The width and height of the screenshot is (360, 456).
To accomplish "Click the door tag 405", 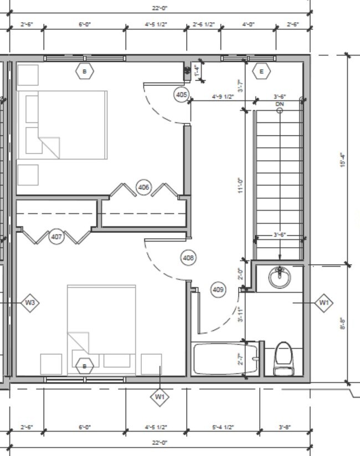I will click(181, 95).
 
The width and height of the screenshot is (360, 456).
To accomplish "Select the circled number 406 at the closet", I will click(143, 188).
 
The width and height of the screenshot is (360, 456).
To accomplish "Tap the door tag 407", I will click(56, 237).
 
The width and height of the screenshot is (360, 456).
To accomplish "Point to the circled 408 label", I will click(188, 258).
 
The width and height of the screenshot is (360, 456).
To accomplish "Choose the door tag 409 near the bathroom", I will click(218, 289).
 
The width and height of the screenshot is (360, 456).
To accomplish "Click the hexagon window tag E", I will click(261, 71).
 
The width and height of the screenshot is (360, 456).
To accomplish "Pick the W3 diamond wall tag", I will click(30, 303).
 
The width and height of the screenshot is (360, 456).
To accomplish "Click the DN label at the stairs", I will click(280, 104).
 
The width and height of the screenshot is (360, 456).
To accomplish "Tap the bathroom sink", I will click(280, 277).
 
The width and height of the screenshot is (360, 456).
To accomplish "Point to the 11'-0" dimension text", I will click(240, 185).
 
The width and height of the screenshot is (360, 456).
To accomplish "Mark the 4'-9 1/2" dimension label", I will click(223, 97).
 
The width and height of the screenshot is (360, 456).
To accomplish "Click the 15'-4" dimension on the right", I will click(343, 161).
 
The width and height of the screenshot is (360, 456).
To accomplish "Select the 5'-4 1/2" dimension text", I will click(223, 427).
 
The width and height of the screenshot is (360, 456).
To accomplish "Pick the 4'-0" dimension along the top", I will click(248, 24).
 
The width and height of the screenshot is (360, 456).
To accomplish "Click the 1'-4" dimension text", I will click(196, 70).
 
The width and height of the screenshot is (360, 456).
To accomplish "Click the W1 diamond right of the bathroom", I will click(324, 303).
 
